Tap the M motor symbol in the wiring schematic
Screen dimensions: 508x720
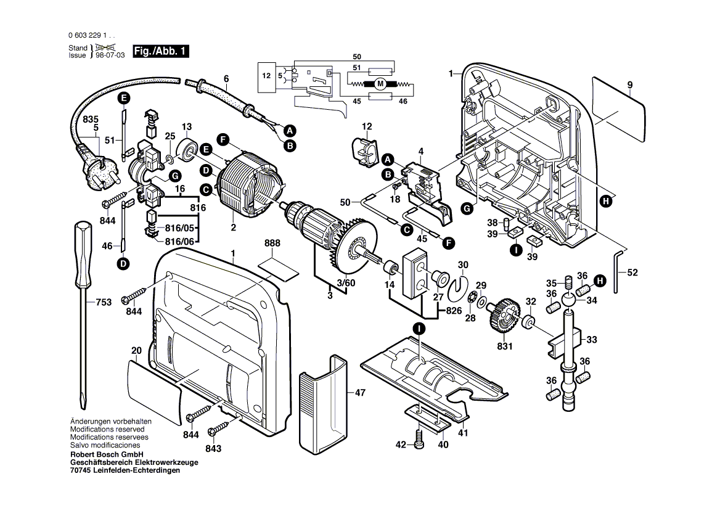[x=380, y=83]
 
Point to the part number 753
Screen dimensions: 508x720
[x=104, y=302]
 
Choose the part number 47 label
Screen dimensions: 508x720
[x=361, y=392]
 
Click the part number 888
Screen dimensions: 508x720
[x=272, y=244]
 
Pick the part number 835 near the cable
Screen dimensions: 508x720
[x=91, y=119]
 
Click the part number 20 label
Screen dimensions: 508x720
[x=136, y=350]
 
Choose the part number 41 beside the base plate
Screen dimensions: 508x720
[x=462, y=433]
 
